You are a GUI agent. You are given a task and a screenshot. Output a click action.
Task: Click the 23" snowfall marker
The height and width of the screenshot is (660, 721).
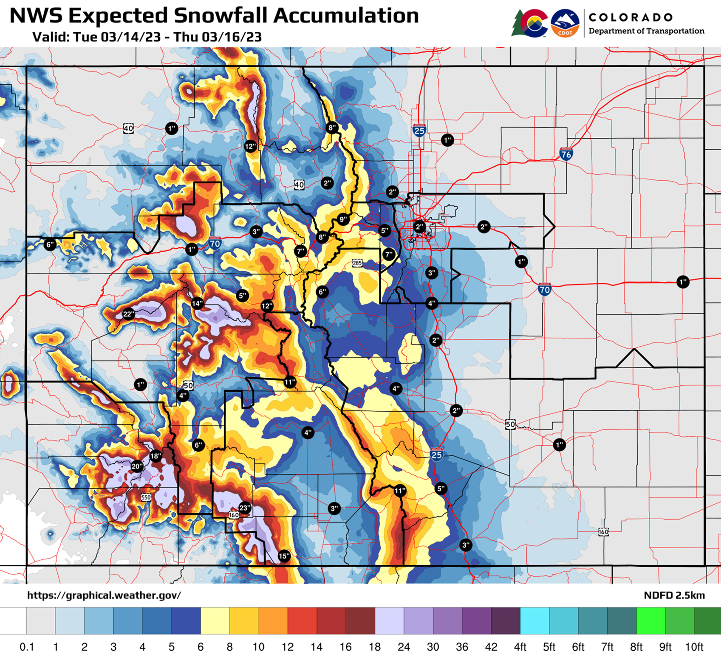(x=245, y=508)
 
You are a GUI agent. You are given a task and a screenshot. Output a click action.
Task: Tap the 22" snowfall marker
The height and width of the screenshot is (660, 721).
(x=128, y=314)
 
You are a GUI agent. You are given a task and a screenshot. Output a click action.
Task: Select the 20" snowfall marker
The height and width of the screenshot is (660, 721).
(x=137, y=467)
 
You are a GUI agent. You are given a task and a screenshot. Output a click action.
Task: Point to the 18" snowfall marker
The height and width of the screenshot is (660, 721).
(x=156, y=456)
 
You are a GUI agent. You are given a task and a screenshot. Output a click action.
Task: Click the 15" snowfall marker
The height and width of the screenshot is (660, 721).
(x=284, y=556)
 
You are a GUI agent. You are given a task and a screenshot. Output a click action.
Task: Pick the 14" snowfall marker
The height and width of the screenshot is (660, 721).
(x=197, y=303)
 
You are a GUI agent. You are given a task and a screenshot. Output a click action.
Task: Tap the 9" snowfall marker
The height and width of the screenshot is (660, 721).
(x=343, y=219)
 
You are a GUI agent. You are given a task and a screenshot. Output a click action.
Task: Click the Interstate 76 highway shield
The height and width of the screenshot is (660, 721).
(x=566, y=154)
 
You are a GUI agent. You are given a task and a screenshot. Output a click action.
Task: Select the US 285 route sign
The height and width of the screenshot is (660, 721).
(x=357, y=263)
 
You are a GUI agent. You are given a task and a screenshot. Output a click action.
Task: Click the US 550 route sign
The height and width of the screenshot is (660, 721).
(x=146, y=497)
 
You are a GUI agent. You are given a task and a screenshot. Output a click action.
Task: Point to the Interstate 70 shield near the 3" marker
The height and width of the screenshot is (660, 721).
(x=215, y=243)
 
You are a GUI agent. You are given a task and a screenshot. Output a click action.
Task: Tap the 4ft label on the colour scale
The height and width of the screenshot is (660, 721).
(x=520, y=647)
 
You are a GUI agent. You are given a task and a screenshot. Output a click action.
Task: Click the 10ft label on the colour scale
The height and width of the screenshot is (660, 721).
(x=694, y=647)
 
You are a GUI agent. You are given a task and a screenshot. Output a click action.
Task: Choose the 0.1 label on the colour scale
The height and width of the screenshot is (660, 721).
(x=27, y=647)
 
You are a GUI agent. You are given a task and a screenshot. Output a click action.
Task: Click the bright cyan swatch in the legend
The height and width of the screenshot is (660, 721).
(x=534, y=620)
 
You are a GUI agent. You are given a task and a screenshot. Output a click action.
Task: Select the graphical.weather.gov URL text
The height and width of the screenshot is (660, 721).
(x=104, y=595)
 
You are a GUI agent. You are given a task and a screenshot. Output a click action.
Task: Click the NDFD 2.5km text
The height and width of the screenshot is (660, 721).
(x=674, y=595)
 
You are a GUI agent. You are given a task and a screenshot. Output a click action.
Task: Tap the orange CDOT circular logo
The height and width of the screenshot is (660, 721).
(x=565, y=23)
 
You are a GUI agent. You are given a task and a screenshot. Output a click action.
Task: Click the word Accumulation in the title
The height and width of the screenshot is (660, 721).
(x=345, y=16)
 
